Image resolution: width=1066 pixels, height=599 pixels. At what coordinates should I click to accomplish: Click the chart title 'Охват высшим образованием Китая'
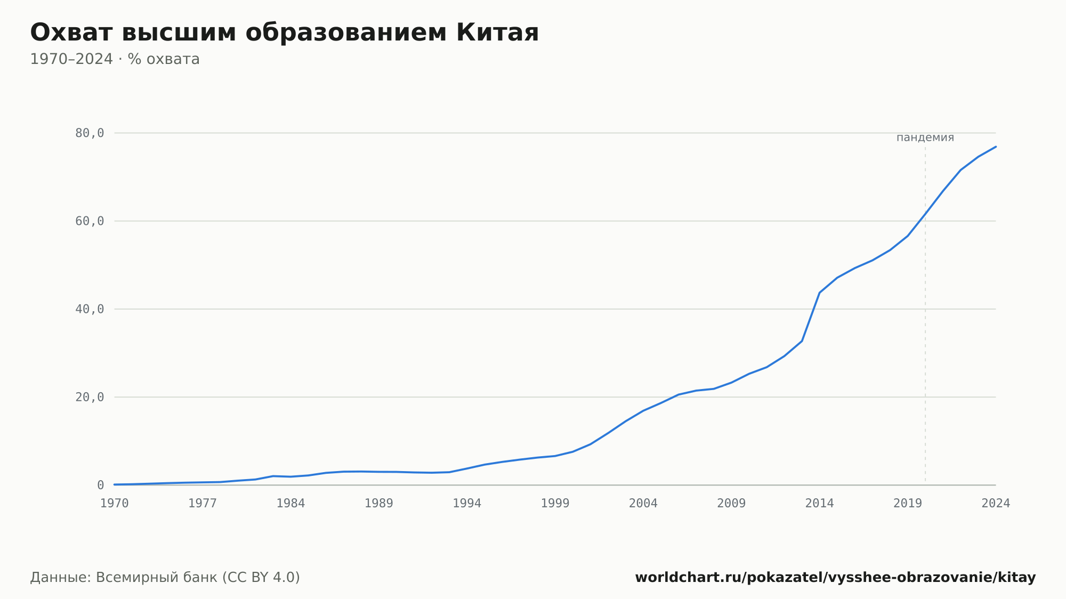(x=285, y=33)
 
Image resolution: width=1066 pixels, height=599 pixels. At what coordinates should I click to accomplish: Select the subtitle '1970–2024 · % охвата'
(x=115, y=59)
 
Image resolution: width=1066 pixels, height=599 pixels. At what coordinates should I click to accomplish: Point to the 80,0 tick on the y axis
(x=90, y=133)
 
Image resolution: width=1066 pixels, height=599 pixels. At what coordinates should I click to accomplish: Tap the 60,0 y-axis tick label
(x=90, y=221)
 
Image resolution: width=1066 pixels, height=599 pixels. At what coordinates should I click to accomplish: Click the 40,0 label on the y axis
(x=90, y=309)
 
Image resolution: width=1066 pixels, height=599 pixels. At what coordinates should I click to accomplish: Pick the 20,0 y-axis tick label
(x=90, y=397)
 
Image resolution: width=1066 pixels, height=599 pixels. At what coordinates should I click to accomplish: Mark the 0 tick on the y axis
(x=100, y=485)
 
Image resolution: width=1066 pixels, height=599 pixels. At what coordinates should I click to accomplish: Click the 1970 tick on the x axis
(x=115, y=504)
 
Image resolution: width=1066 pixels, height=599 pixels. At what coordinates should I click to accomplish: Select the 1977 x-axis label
(x=203, y=504)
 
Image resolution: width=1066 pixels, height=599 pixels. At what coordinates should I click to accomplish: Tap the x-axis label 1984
(x=290, y=504)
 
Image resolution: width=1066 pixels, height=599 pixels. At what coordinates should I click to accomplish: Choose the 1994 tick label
(x=467, y=504)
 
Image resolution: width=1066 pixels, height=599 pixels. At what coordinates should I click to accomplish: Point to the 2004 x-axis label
(x=643, y=504)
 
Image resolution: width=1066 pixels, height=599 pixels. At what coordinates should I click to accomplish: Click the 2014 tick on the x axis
(x=819, y=504)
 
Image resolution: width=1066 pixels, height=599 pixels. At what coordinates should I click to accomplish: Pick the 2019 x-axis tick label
(x=908, y=504)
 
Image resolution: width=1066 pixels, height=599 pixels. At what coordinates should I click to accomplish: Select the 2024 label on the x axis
(x=996, y=504)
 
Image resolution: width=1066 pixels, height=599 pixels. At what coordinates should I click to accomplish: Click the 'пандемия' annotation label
(x=925, y=137)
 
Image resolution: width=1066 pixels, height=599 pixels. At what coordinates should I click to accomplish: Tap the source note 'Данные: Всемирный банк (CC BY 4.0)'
(x=165, y=578)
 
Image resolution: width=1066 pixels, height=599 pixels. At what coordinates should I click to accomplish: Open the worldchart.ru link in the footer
(x=835, y=578)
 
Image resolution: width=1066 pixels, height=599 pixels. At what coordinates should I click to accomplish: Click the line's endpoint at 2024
(x=996, y=147)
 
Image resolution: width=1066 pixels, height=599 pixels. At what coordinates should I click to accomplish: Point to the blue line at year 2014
(x=819, y=293)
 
